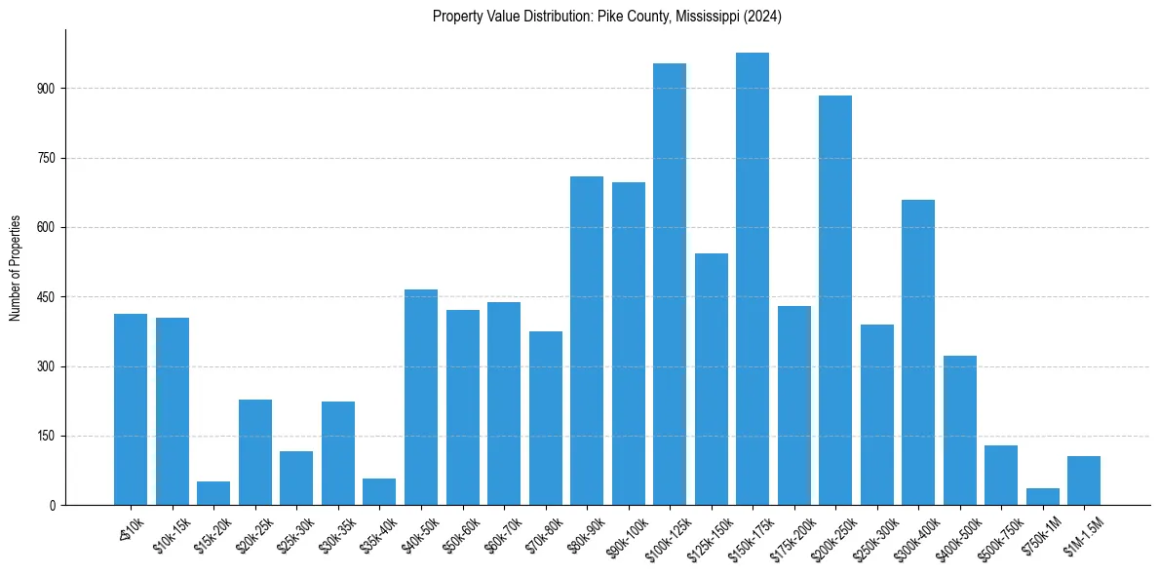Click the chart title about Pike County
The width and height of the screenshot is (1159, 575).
point(607,17)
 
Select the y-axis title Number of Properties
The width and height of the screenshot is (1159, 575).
point(16,268)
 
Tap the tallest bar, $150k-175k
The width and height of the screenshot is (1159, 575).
point(753,279)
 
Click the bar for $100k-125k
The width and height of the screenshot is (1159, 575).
point(670,285)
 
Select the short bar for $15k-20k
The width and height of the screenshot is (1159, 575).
point(213,493)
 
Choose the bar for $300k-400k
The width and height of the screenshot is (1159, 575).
point(918,353)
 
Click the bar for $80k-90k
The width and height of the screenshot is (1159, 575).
point(587,341)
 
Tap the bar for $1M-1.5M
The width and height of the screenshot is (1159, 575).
point(1084,480)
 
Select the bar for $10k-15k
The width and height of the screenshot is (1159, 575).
point(173,411)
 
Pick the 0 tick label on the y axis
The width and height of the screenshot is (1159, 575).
point(55,506)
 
